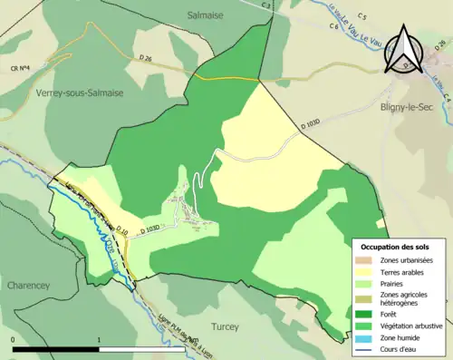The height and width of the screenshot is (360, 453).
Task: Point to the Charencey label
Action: [33, 284]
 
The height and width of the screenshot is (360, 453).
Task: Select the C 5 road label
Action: [362, 16]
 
